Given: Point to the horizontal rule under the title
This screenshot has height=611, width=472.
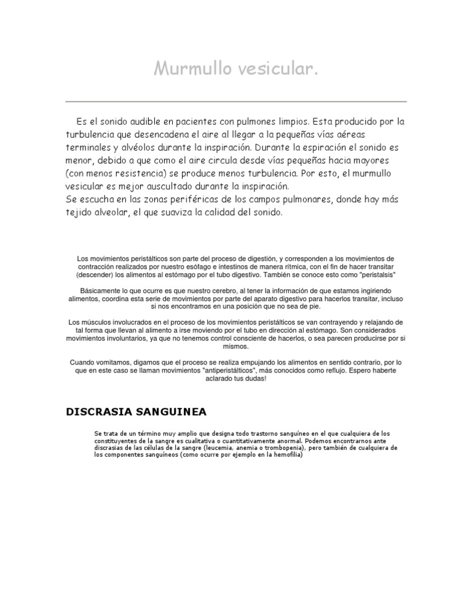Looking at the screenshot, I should click(x=236, y=101).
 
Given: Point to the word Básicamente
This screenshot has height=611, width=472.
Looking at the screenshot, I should click(x=101, y=290).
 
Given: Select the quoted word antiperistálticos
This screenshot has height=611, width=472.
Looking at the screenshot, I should click(x=246, y=371).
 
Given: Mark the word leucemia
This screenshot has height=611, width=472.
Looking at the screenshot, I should click(x=218, y=448).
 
